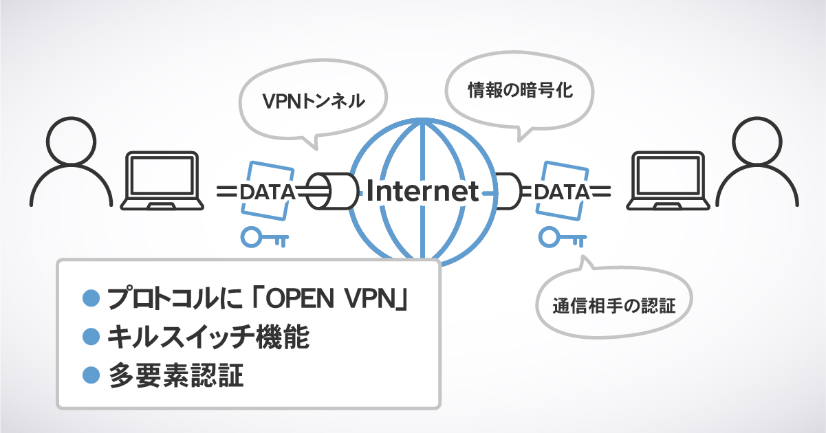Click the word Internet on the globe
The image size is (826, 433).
[x=422, y=192]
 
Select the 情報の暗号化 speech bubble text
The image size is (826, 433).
[x=520, y=90]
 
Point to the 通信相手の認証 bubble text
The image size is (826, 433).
[x=613, y=304]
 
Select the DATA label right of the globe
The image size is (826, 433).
[x=562, y=192]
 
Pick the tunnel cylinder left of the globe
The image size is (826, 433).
[x=332, y=192]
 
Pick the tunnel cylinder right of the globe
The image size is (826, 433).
[x=507, y=192]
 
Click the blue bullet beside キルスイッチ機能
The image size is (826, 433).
[x=91, y=337]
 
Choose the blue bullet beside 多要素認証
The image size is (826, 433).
[x=91, y=375]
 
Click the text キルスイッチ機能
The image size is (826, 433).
[x=208, y=337]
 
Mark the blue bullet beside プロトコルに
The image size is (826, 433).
[x=91, y=298]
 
